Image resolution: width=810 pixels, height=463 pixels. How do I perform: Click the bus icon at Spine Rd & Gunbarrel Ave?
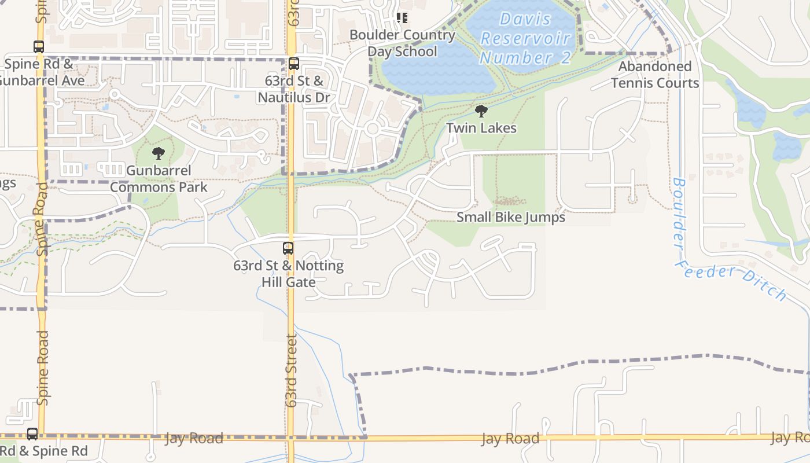(x=39, y=47)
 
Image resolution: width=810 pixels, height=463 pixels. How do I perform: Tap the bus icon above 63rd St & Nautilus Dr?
(x=294, y=64)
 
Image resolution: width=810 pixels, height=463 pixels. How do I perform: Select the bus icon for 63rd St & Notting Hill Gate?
(x=288, y=248)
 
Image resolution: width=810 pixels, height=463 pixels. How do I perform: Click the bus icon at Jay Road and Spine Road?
(x=32, y=433)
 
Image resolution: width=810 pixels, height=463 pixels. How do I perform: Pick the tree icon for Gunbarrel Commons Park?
(x=158, y=153)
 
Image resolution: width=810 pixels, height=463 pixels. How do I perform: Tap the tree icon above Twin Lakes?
(x=481, y=111)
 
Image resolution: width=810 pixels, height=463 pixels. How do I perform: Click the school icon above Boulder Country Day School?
(x=402, y=18)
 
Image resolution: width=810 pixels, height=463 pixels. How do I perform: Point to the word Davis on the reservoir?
(x=525, y=19)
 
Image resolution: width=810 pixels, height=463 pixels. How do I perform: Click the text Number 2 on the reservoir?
(x=525, y=58)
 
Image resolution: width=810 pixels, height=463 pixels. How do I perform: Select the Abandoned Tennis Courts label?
(x=655, y=75)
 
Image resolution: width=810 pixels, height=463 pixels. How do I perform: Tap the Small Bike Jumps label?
(x=510, y=218)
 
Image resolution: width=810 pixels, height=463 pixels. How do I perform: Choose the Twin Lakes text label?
(x=481, y=128)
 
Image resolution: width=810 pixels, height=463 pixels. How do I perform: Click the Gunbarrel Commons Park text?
(x=159, y=179)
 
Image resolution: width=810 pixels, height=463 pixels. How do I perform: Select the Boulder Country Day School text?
(x=402, y=43)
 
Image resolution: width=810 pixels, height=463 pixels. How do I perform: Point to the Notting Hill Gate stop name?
(x=288, y=274)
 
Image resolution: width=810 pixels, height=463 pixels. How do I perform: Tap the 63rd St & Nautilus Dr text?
(x=294, y=89)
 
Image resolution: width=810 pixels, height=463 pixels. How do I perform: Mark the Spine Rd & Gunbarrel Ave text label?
(x=41, y=72)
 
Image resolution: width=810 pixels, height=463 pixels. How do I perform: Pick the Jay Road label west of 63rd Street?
(x=194, y=438)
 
